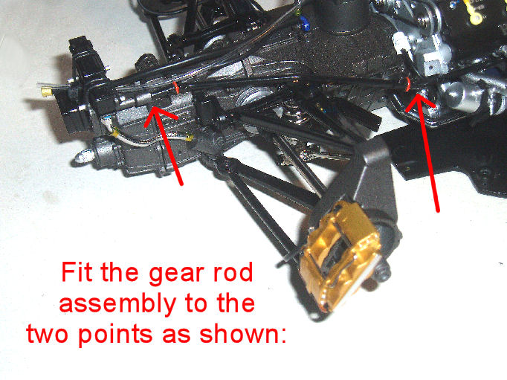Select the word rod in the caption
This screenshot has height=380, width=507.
pyautogui.click(x=233, y=272)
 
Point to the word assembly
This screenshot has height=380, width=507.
pyautogui.click(x=117, y=305)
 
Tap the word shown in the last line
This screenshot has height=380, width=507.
pyautogui.click(x=239, y=333)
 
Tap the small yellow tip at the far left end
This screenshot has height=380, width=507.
pyautogui.click(x=48, y=93)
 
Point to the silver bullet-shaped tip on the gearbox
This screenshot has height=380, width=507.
pyautogui.click(x=83, y=156)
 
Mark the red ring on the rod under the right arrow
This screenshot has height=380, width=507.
pyautogui.click(x=408, y=84)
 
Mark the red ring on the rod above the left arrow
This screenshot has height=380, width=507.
pyautogui.click(x=176, y=87)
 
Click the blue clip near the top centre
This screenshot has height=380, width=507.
pyautogui.click(x=304, y=22)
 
